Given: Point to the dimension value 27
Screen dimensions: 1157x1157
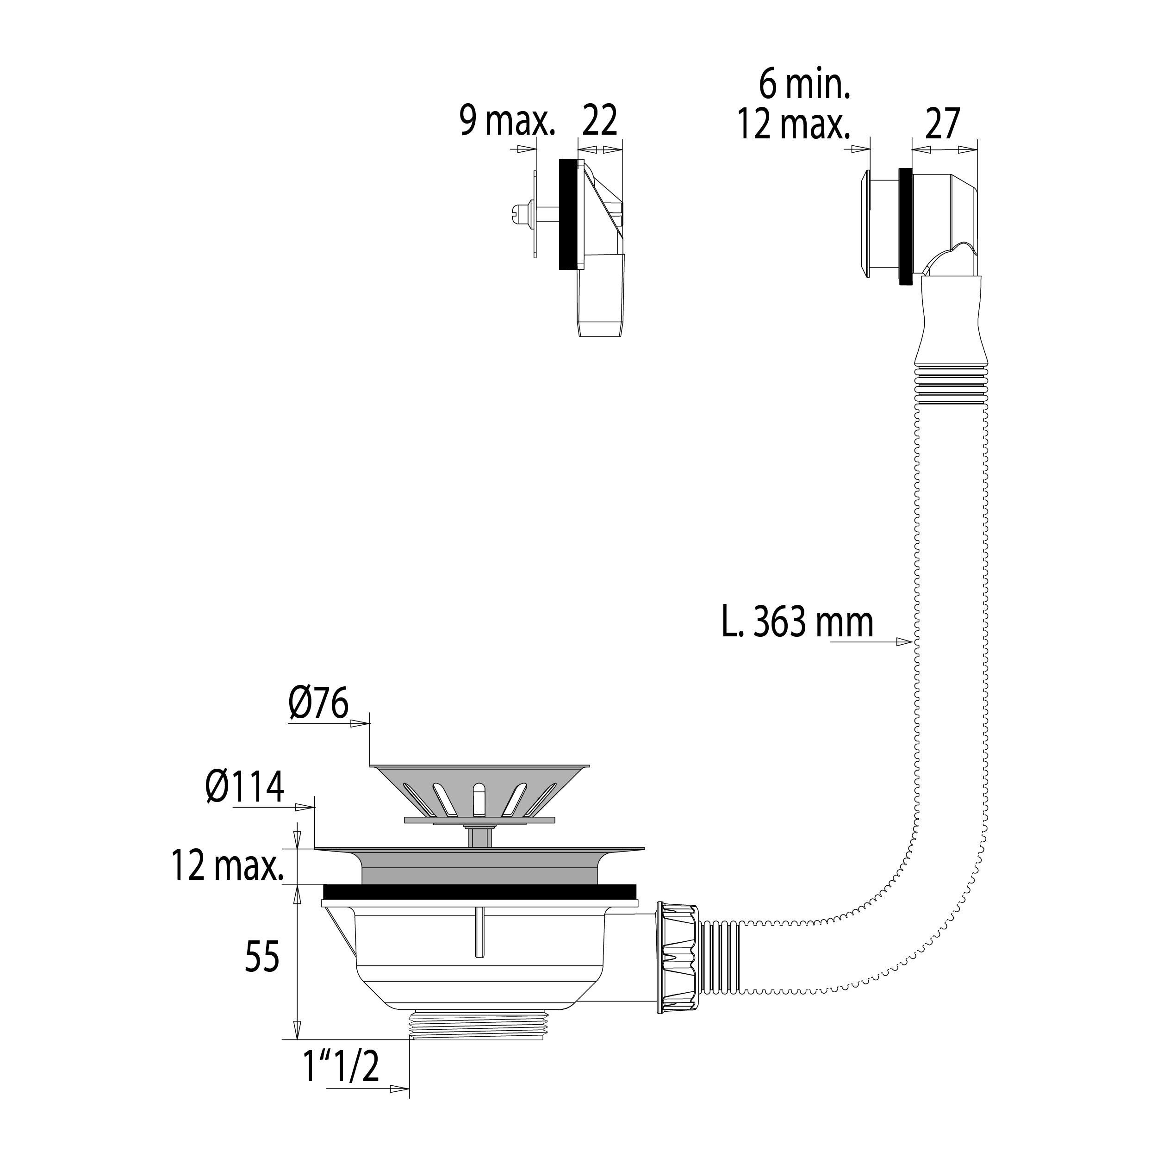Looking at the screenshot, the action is coord(943,124).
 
